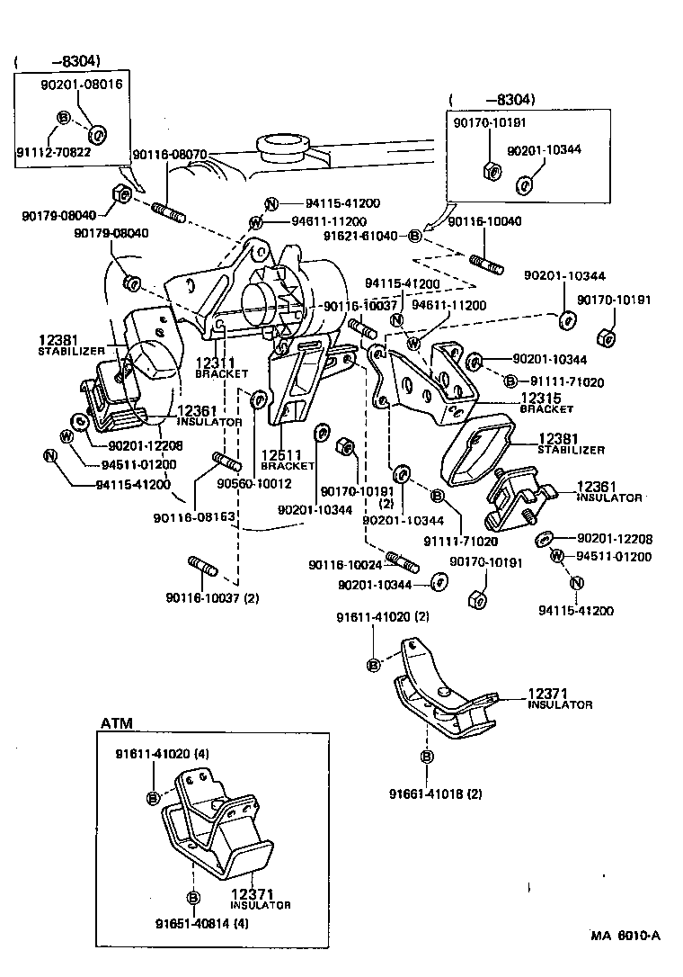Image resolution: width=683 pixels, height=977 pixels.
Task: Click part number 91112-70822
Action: coord(53,152)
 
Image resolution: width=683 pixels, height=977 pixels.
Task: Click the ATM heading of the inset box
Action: coord(115,722)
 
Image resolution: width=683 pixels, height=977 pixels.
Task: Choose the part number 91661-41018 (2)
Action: coord(436,794)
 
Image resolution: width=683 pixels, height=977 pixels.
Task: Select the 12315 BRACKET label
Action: coord(546,402)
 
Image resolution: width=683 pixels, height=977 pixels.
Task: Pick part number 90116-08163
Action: coord(194,517)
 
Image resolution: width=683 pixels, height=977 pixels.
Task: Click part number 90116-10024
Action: coord(345,564)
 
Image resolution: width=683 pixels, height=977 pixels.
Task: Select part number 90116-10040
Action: coord(484,221)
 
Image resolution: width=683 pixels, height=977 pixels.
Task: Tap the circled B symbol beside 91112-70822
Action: coord(64,118)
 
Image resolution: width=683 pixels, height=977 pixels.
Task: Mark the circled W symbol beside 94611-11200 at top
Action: coord(256,222)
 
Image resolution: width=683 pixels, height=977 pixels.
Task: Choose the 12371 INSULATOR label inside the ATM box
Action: coord(261,899)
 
